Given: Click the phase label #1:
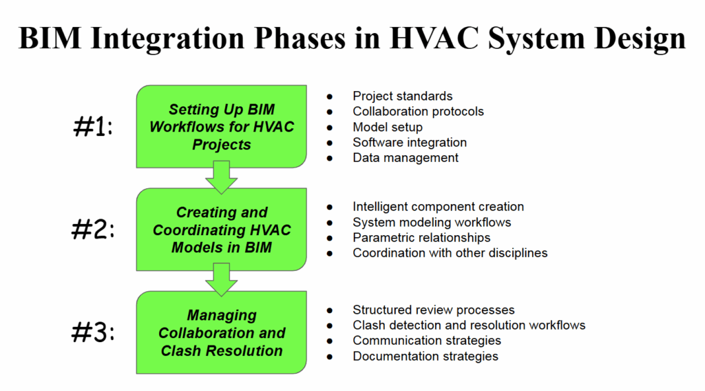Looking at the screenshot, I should coord(93,127).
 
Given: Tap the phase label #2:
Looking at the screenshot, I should coord(93,230).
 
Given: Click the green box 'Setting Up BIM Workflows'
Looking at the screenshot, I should coord(221,126).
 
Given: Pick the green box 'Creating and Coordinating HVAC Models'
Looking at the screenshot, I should coord(221,230).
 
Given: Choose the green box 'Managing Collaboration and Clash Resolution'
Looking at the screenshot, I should coord(221,332).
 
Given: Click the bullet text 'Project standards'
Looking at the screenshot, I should coord(402,97).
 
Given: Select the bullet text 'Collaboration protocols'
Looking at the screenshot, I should coord(418,112).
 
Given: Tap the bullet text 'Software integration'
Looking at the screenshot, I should coord(410,143).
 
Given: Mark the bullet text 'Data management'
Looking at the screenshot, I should coord(406,158).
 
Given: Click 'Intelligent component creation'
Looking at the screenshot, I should coord(438,207).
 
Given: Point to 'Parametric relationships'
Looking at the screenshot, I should coord(421,238).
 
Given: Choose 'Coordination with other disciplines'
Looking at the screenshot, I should coord(450,253).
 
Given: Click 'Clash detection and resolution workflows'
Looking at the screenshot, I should coord(469,325).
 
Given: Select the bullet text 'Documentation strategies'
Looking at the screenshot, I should coord(425,357).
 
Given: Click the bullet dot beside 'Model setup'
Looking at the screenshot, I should coord(330,128).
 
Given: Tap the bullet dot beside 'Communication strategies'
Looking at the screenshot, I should coord(330,341).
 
